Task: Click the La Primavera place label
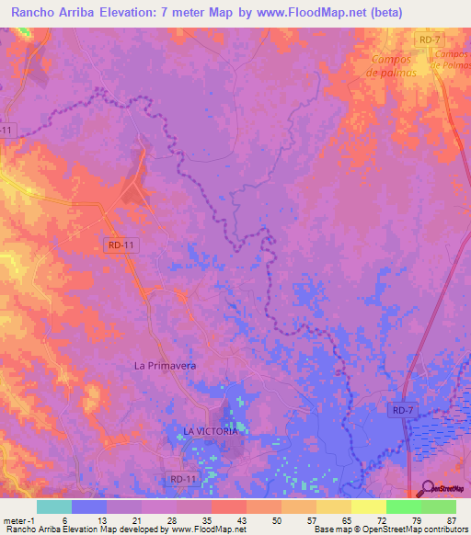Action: click(x=166, y=365)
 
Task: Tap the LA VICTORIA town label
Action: click(x=211, y=430)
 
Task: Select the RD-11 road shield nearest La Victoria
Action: click(x=183, y=479)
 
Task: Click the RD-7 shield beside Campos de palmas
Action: click(x=429, y=39)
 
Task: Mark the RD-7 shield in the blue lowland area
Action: click(x=400, y=409)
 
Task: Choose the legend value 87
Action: click(x=450, y=519)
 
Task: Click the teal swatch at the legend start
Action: click(x=53, y=507)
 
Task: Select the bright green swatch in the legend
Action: click(x=403, y=507)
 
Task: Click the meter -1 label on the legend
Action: click(x=17, y=519)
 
